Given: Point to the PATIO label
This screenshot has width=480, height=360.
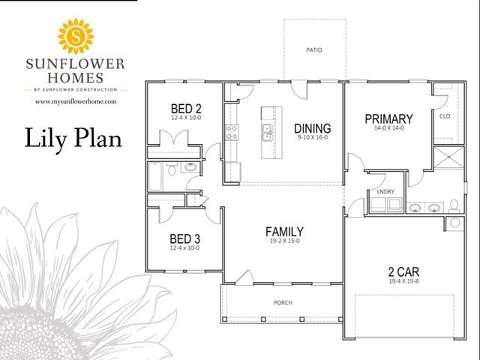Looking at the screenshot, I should (x=314, y=51).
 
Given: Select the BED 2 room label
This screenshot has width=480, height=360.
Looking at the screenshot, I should (x=186, y=107).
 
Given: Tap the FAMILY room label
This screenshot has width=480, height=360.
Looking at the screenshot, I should (x=284, y=231).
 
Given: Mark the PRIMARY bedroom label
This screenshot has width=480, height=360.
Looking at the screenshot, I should (x=388, y=118).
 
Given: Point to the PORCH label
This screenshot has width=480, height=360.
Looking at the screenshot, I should (x=283, y=303).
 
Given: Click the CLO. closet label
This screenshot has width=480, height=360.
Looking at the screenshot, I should (x=444, y=117).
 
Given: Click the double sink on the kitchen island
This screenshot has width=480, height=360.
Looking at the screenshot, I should (x=266, y=133).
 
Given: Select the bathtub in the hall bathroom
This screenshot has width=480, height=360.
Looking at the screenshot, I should (x=155, y=177).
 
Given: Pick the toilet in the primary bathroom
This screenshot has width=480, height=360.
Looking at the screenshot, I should (x=454, y=205).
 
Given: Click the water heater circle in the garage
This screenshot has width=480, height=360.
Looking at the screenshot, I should (x=453, y=223).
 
